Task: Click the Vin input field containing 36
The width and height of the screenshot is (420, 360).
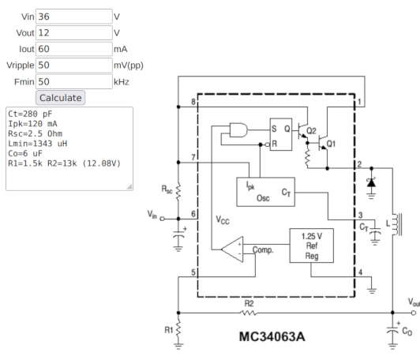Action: tap(74, 17)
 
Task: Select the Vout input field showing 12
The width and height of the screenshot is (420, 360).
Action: tap(74, 32)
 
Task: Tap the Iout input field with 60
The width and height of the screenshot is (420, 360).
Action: tap(74, 49)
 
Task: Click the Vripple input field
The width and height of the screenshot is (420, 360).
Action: tap(74, 65)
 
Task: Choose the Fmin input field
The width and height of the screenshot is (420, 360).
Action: tap(74, 81)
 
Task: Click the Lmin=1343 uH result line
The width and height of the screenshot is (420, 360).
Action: tap(38, 144)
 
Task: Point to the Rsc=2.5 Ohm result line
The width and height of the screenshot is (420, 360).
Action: tap(35, 133)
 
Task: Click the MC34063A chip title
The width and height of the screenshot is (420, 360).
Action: tap(272, 336)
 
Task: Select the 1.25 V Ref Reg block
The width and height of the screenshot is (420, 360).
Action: tap(312, 246)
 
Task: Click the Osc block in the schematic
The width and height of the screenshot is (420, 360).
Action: tap(266, 192)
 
